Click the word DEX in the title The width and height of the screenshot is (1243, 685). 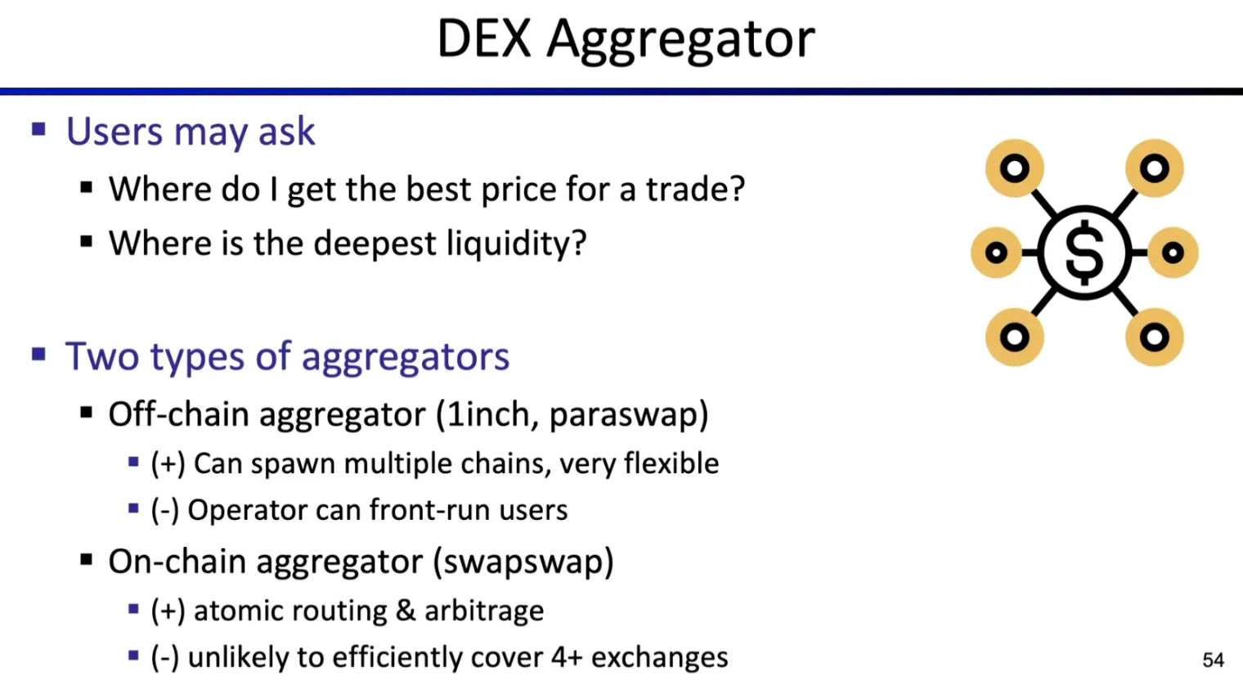click(484, 38)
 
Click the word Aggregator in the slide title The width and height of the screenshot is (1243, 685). click(680, 40)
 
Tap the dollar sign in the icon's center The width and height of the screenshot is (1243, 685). click(1084, 253)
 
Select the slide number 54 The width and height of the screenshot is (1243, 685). click(1213, 660)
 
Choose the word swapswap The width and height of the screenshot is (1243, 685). click(523, 562)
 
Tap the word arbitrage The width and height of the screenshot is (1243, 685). click(483, 611)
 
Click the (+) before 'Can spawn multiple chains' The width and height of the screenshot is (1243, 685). click(168, 463)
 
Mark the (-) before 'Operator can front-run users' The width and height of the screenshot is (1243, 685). click(164, 510)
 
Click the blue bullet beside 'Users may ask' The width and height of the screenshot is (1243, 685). click(38, 129)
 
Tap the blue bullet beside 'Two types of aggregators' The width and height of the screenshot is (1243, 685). click(38, 355)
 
